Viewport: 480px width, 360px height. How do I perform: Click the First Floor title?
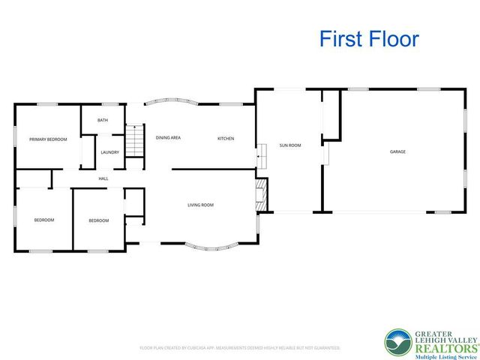[369, 39]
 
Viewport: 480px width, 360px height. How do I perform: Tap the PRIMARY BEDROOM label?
[48, 139]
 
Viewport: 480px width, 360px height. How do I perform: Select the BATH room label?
[103, 120]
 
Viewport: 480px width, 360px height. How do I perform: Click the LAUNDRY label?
[110, 152]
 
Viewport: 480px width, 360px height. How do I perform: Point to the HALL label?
[103, 178]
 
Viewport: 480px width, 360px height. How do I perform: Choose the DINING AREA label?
[168, 138]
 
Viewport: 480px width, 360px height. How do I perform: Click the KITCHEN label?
[226, 139]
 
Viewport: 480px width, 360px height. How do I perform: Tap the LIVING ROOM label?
[201, 205]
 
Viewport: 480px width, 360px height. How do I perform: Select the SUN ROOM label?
[290, 145]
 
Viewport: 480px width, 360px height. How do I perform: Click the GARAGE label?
[397, 151]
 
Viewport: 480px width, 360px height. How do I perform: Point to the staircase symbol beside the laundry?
[133, 141]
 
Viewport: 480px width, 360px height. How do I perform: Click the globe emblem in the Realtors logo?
[398, 343]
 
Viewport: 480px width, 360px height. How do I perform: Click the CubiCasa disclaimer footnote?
[240, 348]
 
